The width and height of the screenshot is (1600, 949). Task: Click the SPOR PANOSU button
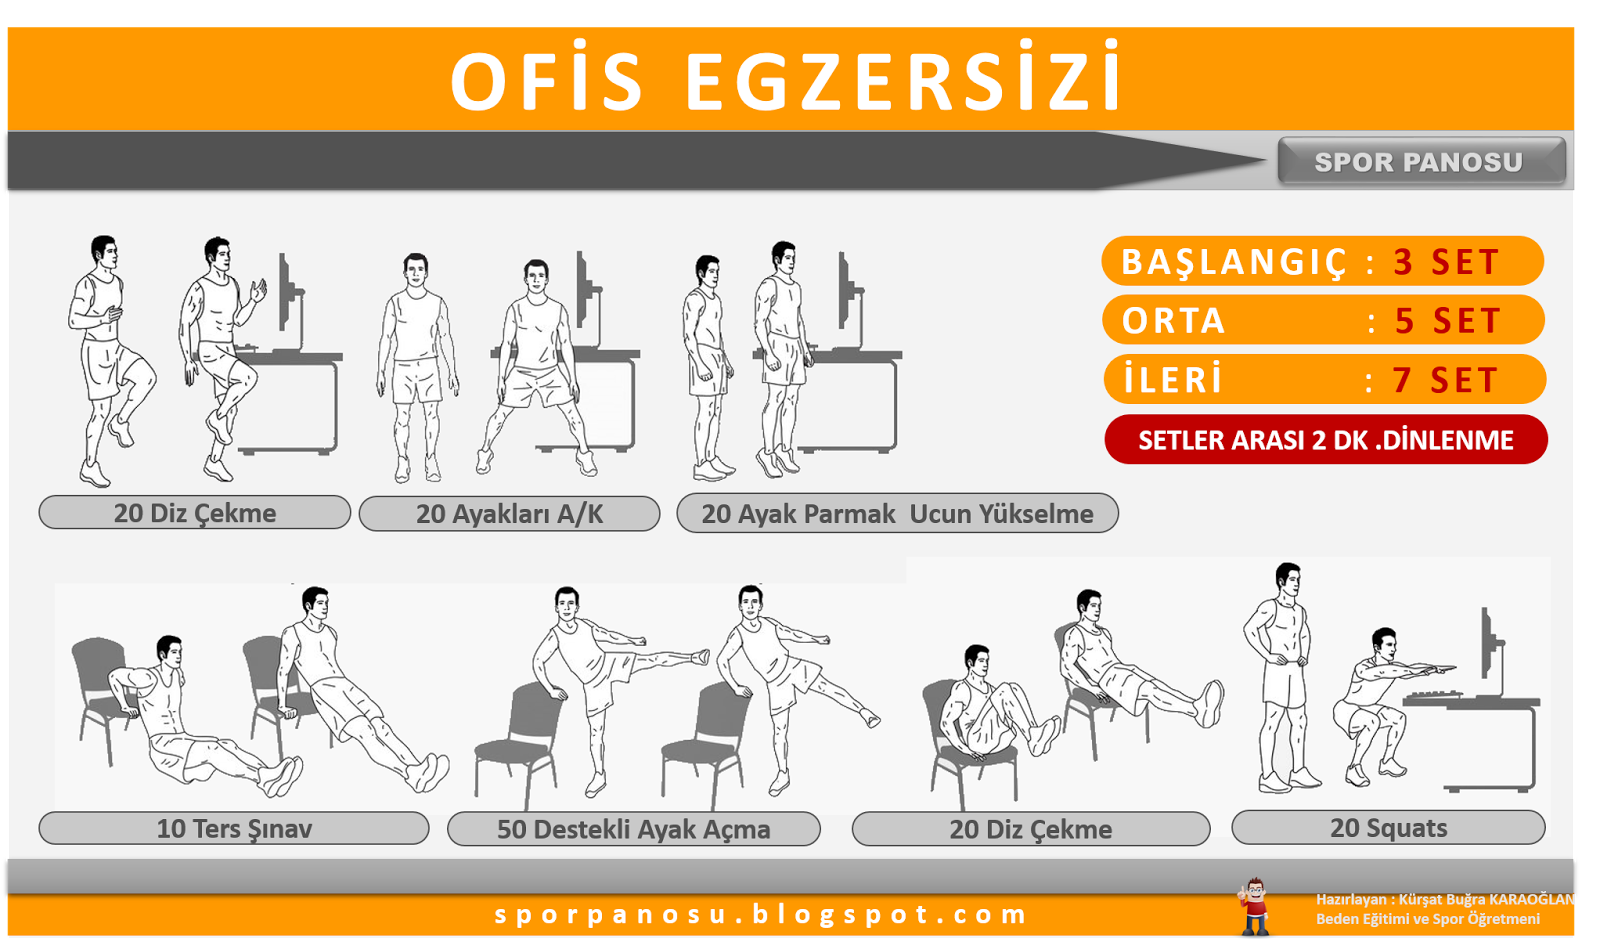point(1421,162)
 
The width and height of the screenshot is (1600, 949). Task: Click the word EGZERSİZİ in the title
point(903,79)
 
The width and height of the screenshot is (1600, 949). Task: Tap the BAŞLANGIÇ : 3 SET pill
point(1323,261)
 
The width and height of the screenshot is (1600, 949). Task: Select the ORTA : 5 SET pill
point(1324,321)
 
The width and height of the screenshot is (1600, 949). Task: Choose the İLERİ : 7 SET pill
point(1325,379)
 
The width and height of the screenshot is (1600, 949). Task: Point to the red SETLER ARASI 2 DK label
point(1326,439)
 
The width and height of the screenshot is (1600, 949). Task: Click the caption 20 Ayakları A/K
point(509,513)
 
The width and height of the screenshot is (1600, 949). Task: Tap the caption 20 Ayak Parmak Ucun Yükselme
point(897,513)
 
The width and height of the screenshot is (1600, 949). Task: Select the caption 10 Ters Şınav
point(234,828)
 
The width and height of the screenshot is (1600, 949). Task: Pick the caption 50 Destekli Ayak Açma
point(634,829)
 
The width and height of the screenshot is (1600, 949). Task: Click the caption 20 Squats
point(1389,828)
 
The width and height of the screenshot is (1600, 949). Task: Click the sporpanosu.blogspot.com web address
point(760,915)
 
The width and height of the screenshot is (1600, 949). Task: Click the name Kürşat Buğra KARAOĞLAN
point(1486,899)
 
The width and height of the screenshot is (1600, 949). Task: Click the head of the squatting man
point(1384,643)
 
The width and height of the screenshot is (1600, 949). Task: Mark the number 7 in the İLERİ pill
point(1401,380)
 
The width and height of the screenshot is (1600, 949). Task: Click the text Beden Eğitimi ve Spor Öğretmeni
point(1428,919)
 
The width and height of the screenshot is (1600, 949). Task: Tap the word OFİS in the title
point(548,79)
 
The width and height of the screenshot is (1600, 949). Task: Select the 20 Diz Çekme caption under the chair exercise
point(1031,829)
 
